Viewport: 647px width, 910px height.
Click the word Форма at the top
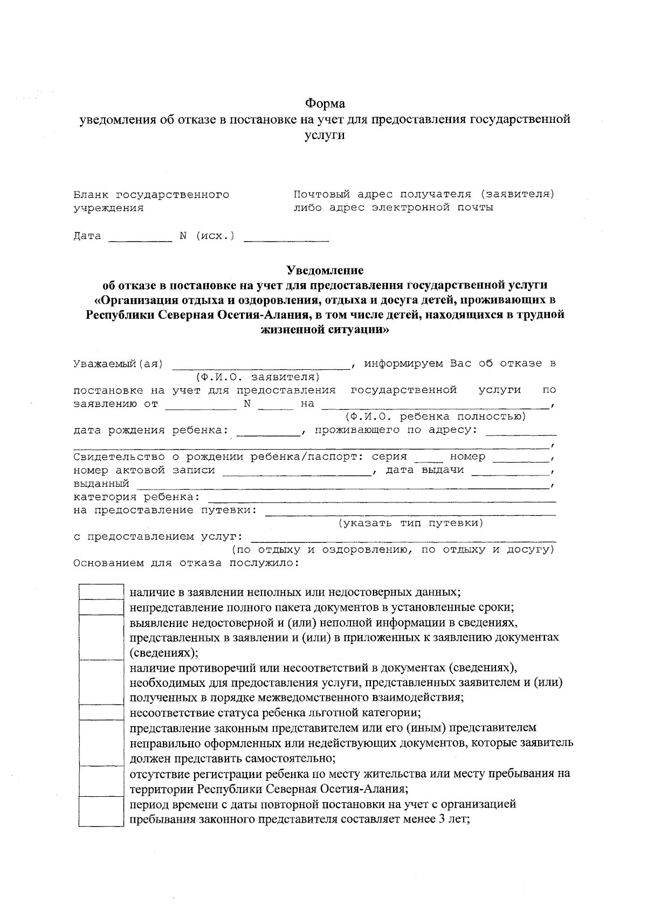pyautogui.click(x=325, y=103)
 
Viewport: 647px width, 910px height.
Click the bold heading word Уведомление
pyautogui.click(x=325, y=270)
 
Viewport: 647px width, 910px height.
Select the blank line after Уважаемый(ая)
pyautogui.click(x=261, y=366)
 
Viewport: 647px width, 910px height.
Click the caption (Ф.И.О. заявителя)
pyautogui.click(x=258, y=377)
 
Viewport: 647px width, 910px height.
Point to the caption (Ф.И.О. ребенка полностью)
pyautogui.click(x=435, y=417)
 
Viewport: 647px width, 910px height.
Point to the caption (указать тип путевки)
pyautogui.click(x=410, y=523)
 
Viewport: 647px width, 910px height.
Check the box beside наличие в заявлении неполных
pyautogui.click(x=101, y=592)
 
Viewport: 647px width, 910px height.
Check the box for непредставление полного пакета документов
pyautogui.click(x=101, y=608)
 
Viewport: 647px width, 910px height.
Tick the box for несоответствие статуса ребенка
pyautogui.click(x=101, y=713)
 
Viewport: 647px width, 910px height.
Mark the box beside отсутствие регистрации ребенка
pyautogui.click(x=101, y=782)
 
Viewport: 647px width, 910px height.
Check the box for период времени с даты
pyautogui.click(x=101, y=812)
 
